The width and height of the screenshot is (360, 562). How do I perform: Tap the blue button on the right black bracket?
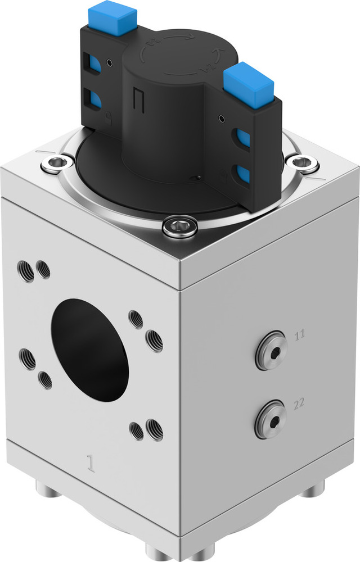click(x=248, y=85)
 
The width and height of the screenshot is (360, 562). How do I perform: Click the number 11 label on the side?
click(x=299, y=335)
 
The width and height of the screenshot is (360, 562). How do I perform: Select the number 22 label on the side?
click(x=299, y=402)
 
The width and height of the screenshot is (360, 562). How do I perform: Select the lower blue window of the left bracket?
click(x=94, y=99)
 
